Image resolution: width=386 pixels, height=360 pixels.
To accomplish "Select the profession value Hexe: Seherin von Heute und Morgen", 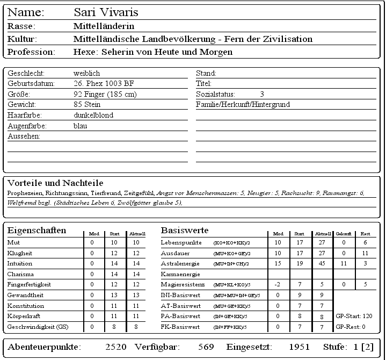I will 152,52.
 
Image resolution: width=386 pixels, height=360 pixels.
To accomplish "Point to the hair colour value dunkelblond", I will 93,115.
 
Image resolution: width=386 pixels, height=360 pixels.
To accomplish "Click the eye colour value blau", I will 80,126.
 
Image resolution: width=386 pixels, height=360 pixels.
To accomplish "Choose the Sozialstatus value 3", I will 262,94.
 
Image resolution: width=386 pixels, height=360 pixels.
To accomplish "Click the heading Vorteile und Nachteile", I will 55,183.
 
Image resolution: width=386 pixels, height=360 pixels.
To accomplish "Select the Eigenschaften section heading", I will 37,231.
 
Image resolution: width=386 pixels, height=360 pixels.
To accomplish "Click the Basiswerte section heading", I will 185,231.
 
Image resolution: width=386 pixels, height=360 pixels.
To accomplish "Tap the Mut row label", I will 14,243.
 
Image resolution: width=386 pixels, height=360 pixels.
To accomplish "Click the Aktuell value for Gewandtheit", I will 136,295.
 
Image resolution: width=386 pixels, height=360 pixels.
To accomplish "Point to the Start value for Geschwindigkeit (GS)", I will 114,326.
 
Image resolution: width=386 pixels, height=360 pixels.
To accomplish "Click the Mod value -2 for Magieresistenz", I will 278,284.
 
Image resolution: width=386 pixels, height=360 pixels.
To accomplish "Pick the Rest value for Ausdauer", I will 366,253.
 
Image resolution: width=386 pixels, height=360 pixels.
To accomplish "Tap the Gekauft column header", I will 344,234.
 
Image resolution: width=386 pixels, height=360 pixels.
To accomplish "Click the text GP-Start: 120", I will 354,316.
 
